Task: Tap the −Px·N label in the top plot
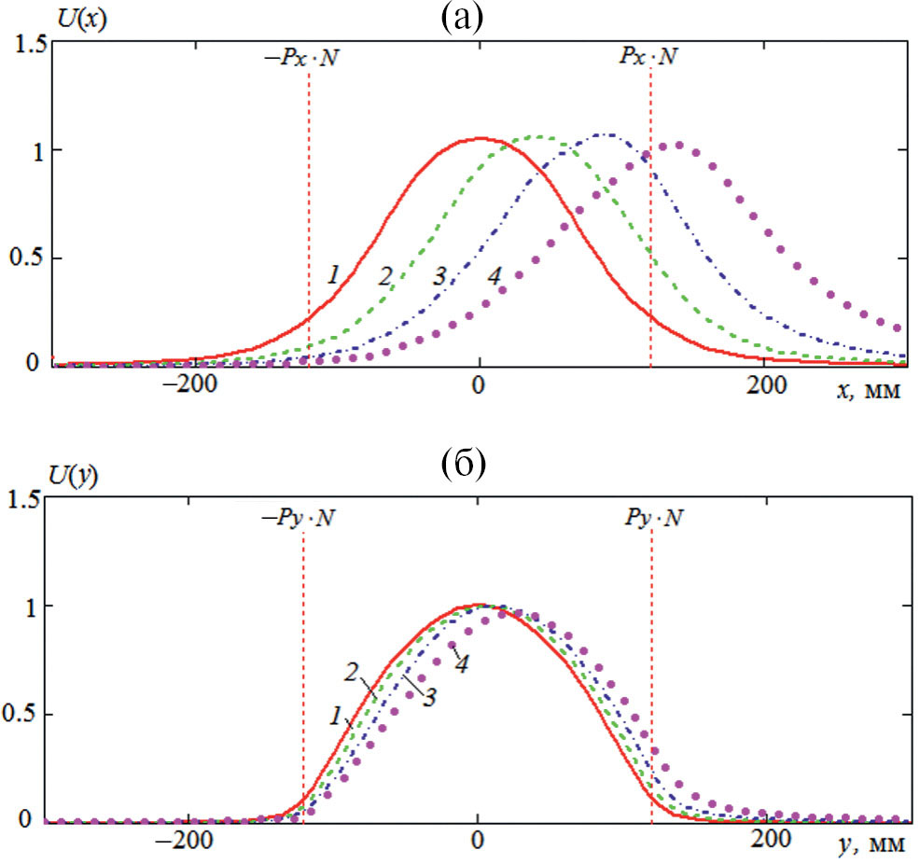(x=306, y=58)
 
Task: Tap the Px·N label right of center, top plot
(x=648, y=58)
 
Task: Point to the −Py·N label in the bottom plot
(x=301, y=515)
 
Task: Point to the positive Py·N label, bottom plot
(x=650, y=515)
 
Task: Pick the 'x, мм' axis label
(x=870, y=392)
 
